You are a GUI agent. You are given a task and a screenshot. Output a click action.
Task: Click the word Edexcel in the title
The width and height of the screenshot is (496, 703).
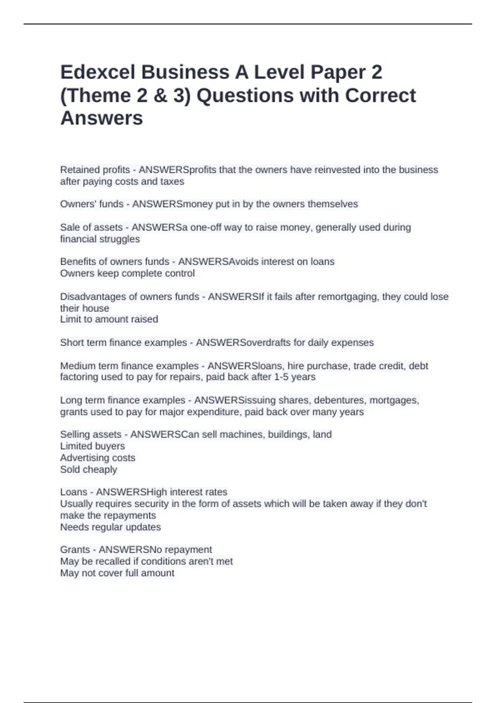98,72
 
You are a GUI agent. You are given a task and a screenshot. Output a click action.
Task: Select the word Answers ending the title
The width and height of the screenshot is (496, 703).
102,118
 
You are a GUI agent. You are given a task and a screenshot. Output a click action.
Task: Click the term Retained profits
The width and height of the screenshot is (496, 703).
95,170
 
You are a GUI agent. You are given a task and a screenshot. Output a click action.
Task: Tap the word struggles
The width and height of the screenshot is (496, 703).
119,239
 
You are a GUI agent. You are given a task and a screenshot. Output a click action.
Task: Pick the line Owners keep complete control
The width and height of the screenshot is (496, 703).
127,273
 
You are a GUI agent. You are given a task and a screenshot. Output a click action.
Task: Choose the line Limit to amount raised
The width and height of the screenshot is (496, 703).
109,319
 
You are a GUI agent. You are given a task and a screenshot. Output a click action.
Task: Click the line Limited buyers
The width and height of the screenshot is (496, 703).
93,446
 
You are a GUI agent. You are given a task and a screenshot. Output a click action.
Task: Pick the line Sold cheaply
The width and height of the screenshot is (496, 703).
88,470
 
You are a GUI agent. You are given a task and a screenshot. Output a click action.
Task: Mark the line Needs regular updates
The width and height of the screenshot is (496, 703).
110,527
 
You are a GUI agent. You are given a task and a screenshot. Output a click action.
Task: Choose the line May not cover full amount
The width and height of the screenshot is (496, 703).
117,573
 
